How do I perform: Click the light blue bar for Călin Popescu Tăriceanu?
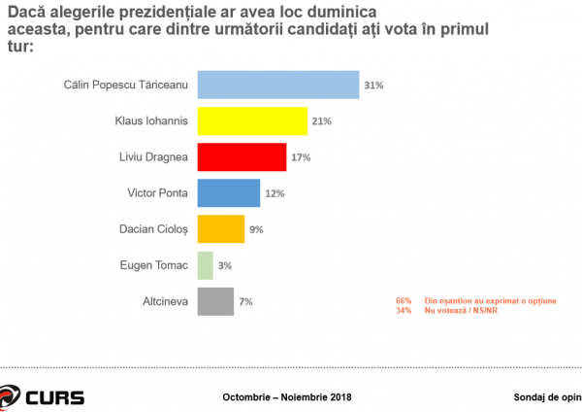coord(278,85)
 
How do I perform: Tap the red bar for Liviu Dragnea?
coord(242,157)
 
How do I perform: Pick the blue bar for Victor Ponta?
coord(229,193)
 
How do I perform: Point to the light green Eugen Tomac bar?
coord(205,265)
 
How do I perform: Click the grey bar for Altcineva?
coord(215,301)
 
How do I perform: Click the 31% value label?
coord(373,86)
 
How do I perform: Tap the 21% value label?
coord(322,121)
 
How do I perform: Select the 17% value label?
coord(301,157)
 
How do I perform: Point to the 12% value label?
coord(275,193)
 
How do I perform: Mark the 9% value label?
coord(256,230)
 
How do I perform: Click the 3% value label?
coord(224,266)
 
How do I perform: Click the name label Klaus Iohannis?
coord(154,121)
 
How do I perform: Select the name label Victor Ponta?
coord(158,193)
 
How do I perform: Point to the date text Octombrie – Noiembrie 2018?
coord(286,397)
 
